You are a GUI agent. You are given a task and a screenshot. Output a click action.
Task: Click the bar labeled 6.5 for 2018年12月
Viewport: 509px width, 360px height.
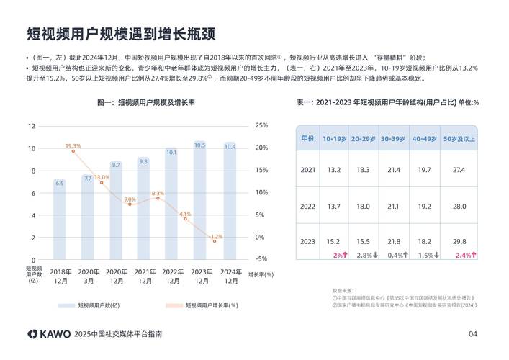(59, 220)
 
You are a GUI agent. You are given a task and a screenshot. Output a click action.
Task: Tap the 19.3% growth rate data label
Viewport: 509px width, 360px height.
(73, 146)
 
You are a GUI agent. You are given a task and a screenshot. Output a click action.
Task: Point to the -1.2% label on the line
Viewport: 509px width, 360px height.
(215, 236)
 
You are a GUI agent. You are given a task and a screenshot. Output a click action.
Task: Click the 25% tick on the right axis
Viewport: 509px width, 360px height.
(261, 125)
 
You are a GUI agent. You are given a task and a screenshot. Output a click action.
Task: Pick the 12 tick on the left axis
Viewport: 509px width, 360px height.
(32, 125)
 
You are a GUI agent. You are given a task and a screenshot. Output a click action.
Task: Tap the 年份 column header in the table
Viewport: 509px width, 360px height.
(307, 138)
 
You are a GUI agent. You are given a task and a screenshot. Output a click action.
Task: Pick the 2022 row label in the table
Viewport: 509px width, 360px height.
(307, 206)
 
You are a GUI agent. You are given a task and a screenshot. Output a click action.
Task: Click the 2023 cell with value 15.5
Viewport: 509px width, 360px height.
(364, 242)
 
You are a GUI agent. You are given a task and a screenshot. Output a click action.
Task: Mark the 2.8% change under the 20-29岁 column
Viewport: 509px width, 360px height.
(364, 255)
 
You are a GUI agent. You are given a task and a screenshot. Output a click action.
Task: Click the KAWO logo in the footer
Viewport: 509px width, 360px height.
(49, 334)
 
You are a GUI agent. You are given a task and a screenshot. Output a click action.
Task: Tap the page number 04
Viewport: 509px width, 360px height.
(473, 334)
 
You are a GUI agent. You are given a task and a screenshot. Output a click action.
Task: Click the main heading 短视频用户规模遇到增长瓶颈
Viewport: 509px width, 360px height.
(121, 34)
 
